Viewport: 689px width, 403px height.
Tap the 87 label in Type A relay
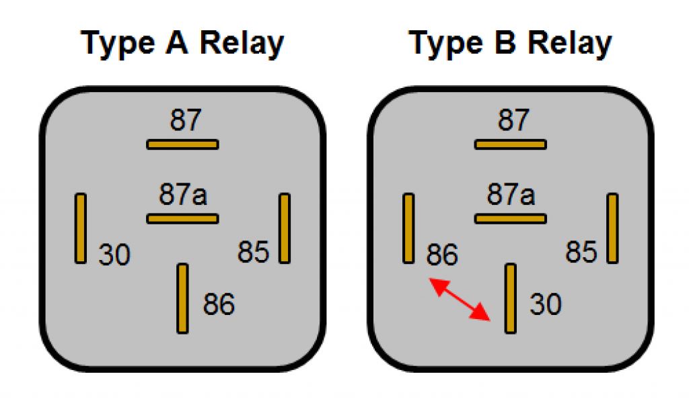coord(183,122)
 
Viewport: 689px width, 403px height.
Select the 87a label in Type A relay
coord(183,195)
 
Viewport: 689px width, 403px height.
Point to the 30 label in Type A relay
coord(114,255)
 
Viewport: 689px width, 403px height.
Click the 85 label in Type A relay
coord(254,253)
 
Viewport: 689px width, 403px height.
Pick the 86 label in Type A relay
coord(219,305)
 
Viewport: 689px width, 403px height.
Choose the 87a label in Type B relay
coord(511,195)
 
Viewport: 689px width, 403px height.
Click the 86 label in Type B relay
coord(442,255)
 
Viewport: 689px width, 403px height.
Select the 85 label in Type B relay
coord(581,253)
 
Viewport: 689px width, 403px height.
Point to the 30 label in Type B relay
coord(545,305)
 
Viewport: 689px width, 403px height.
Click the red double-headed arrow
coord(460,299)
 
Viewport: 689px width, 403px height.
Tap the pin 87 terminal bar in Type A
coord(183,144)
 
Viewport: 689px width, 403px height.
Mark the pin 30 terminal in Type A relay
coord(81,228)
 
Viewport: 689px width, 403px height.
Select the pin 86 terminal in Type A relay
coord(182,298)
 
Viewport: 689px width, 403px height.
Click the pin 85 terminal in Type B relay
coord(612,228)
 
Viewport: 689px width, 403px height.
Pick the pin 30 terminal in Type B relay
coord(511,298)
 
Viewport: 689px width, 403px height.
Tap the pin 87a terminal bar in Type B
coord(511,218)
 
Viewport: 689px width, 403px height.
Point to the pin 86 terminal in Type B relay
coord(408,228)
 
